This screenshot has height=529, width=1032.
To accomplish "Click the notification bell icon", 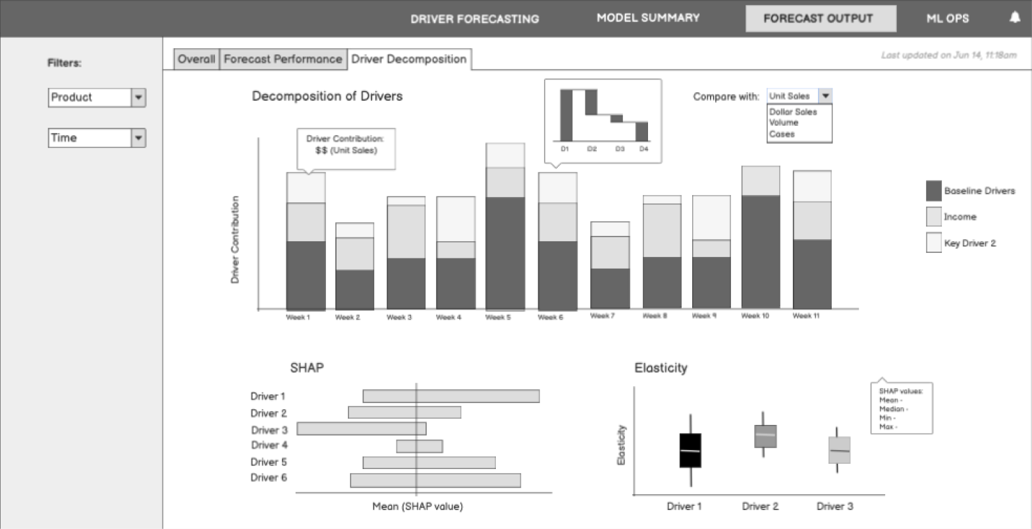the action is (1014, 17).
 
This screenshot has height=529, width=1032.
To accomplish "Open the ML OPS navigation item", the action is (948, 18).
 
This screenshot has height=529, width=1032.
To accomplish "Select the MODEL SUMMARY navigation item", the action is (648, 18).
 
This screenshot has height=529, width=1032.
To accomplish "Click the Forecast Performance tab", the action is (283, 59).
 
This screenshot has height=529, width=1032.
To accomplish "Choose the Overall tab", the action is (196, 59).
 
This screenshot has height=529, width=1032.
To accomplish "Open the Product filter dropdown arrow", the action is (138, 97).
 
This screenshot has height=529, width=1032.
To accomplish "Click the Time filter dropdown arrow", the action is (138, 138).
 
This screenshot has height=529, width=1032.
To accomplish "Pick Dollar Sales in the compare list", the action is (793, 112).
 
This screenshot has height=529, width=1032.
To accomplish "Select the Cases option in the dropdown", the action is (782, 134).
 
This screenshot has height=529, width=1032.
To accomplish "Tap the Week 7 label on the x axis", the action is (602, 316).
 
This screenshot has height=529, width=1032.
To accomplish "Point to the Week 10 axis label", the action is (755, 316).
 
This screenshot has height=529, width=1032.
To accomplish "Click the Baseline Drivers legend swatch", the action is (934, 191).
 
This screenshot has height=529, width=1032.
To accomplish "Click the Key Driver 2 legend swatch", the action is (934, 242).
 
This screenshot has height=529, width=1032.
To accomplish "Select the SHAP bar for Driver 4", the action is (420, 446).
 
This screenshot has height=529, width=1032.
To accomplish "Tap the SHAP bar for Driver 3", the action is (362, 429).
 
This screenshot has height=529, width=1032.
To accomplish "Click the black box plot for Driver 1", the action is (690, 451).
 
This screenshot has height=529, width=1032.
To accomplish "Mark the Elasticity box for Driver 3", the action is (840, 450).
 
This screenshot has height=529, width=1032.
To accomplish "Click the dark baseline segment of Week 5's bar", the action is (505, 254).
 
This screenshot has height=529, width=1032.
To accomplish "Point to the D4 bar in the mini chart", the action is (641, 131).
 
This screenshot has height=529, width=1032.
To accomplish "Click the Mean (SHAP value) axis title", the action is (418, 507).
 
